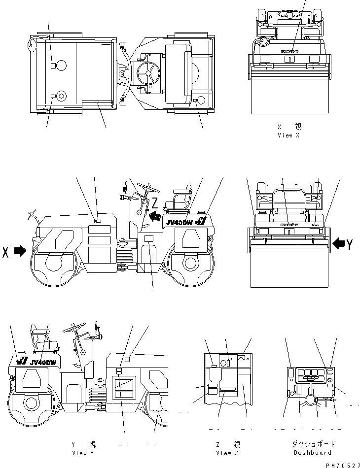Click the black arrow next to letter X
(20, 251)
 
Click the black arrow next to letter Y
(339, 243)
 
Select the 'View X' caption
(288, 135)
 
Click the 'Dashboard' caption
(312, 453)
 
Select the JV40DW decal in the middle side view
(179, 222)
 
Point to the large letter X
(6, 251)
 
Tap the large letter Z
(154, 202)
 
